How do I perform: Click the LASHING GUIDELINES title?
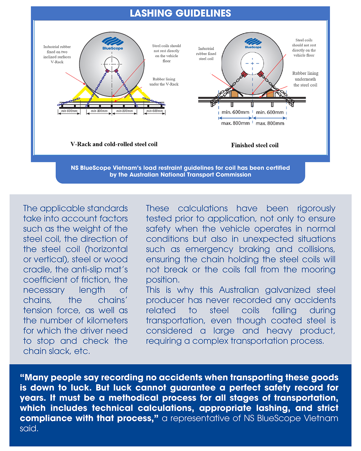point(180,13)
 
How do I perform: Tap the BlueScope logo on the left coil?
point(113,44)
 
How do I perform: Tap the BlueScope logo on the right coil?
point(253,43)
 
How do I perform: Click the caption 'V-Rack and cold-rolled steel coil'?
point(114,144)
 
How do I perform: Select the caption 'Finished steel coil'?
point(255,145)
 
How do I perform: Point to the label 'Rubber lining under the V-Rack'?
point(164,82)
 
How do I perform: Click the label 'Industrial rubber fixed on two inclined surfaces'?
point(57,54)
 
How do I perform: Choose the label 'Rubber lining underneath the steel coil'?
point(305,79)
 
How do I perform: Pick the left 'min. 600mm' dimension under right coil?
point(235,112)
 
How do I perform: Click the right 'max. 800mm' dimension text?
point(270,123)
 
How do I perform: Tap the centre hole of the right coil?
point(252,64)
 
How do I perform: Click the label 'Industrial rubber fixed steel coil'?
point(206,54)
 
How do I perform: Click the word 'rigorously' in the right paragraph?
point(316,208)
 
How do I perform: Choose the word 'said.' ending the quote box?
point(29,428)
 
